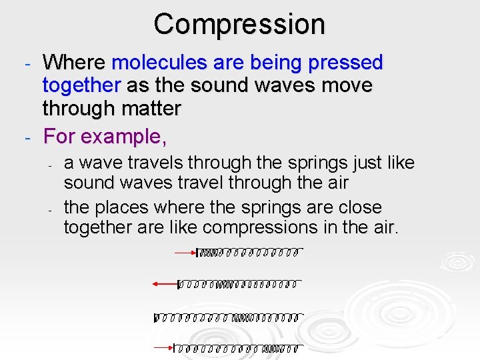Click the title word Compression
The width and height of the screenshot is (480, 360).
239,25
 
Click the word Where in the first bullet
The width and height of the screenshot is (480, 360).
74,63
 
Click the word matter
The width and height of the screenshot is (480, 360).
147,108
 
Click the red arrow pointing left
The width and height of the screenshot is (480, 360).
165,284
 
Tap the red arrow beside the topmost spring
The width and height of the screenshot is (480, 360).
185,253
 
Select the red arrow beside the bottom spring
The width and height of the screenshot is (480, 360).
163,347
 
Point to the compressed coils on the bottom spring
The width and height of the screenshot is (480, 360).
274,348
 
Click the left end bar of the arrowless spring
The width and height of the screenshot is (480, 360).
155,317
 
